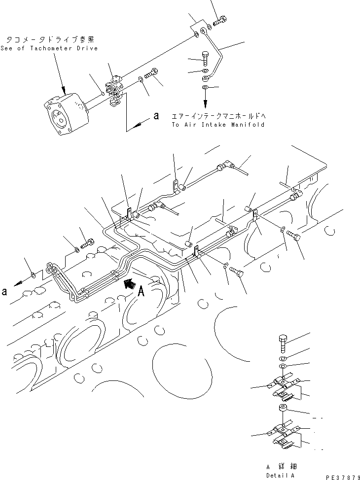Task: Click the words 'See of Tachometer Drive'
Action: (x=49, y=48)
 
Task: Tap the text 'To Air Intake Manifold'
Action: (x=218, y=125)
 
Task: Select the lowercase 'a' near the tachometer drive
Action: (x=156, y=116)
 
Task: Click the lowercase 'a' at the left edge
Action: (x=5, y=291)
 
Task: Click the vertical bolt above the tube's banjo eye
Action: (x=205, y=60)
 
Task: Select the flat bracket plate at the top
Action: (x=200, y=28)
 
